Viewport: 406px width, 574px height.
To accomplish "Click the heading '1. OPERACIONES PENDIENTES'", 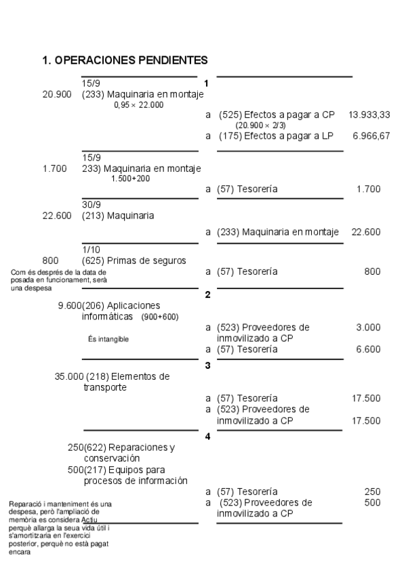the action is click(125, 61).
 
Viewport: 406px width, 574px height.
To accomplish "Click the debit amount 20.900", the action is click(57, 95).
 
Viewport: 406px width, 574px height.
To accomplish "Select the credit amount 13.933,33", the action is click(369, 115).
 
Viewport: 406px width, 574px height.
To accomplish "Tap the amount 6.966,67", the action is click(371, 136).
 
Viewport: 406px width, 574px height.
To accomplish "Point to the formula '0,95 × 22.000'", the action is click(139, 105).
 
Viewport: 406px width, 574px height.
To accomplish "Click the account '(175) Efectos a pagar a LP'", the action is click(276, 136).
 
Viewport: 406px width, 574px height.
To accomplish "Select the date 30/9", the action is click(92, 205).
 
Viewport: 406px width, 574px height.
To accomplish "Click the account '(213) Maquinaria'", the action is click(118, 216).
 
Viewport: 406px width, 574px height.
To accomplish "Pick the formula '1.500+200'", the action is click(131, 179).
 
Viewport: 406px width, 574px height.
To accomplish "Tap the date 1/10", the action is click(91, 249).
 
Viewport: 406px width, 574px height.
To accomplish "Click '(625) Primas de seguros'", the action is click(134, 260).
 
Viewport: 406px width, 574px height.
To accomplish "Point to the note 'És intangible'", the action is click(108, 339).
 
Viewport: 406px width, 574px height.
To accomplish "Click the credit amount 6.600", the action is click(368, 349).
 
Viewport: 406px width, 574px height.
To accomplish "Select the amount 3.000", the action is click(368, 328).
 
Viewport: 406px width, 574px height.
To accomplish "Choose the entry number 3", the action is click(208, 366).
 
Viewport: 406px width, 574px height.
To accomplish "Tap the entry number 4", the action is click(208, 437).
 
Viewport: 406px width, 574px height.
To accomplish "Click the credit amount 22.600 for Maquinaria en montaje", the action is click(366, 232).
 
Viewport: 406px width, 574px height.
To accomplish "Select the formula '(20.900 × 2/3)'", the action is click(261, 126).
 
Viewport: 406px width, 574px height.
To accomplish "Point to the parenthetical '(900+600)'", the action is click(160, 317).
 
